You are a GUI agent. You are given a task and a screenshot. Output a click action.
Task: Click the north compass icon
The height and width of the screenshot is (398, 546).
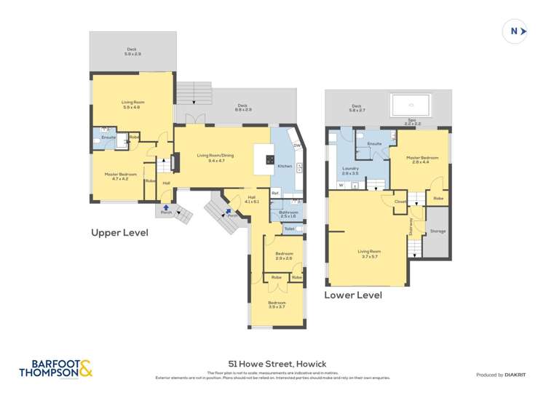coord(515,31)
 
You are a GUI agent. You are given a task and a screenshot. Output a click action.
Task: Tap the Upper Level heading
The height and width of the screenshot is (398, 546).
coord(119,233)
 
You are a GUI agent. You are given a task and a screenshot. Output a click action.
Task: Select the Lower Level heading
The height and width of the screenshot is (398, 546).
coord(353,295)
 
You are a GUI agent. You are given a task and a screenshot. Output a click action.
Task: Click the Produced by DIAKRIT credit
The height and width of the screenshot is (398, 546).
coord(500,374)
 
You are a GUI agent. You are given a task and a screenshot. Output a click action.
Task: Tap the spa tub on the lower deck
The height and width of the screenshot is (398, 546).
coord(412,107)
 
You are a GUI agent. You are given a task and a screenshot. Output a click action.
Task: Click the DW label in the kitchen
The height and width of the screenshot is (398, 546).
coord(297,146)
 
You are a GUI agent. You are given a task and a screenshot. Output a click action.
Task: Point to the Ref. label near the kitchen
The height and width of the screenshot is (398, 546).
coord(275,193)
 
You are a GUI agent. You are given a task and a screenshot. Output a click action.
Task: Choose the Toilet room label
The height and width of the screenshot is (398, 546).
coord(289,228)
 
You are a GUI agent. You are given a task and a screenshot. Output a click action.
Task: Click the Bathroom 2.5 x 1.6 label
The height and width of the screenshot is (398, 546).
coord(288,214)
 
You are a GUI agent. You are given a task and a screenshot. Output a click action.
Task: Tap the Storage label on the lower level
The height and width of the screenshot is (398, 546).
coord(438,231)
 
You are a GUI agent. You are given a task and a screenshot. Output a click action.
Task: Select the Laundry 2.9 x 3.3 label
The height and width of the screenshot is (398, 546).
coord(350,171)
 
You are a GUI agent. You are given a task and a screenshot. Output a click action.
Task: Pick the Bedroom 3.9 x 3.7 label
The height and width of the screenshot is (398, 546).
coord(277,304)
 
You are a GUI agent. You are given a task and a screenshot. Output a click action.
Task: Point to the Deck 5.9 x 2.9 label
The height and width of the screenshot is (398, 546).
coord(132,52)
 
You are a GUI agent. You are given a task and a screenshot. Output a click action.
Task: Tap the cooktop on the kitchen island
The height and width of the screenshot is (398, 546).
coord(269,159)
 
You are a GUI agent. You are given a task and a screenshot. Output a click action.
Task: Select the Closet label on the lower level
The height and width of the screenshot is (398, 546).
coord(400,202)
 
